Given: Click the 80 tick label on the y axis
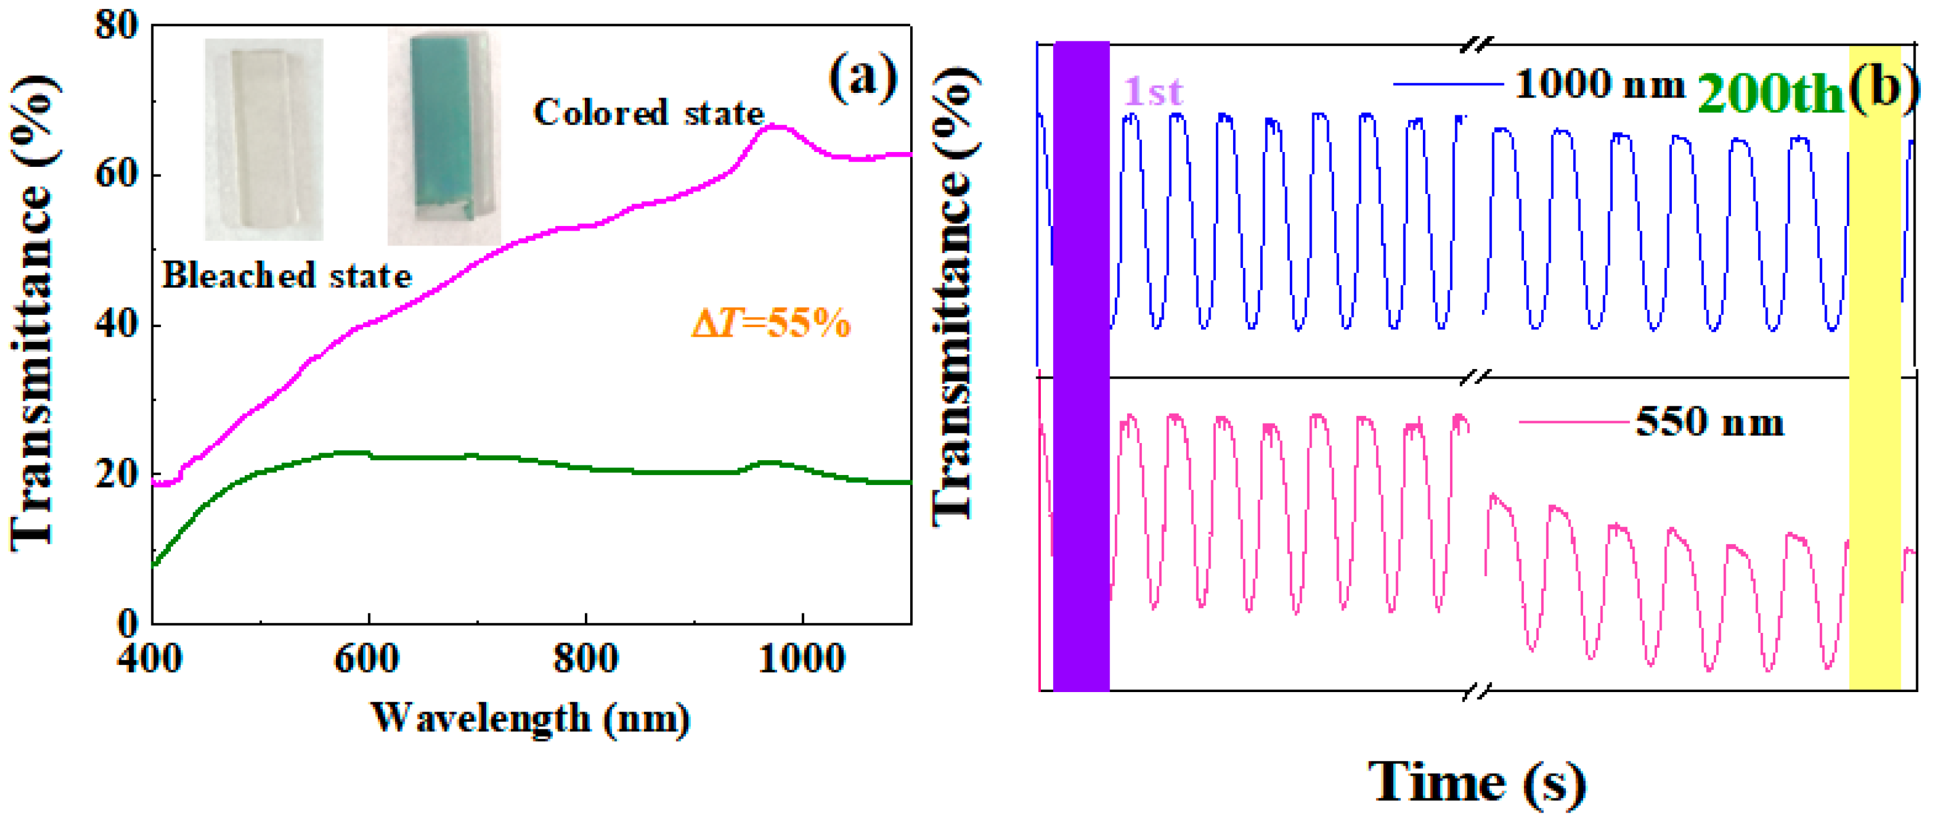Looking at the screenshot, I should click(116, 25).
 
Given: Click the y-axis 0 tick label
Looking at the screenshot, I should click(128, 623).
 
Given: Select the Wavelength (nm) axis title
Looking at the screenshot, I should click(530, 718).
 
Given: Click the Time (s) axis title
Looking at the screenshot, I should click(1477, 784).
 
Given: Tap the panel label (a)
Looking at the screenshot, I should click(863, 77).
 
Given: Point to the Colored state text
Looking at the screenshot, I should click(648, 114).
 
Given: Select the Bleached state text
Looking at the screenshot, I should click(287, 276).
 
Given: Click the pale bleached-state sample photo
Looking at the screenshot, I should click(264, 139).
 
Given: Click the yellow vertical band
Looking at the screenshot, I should click(1874, 367).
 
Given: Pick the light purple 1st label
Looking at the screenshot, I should click(1152, 92).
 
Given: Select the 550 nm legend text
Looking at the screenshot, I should click(1709, 422).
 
